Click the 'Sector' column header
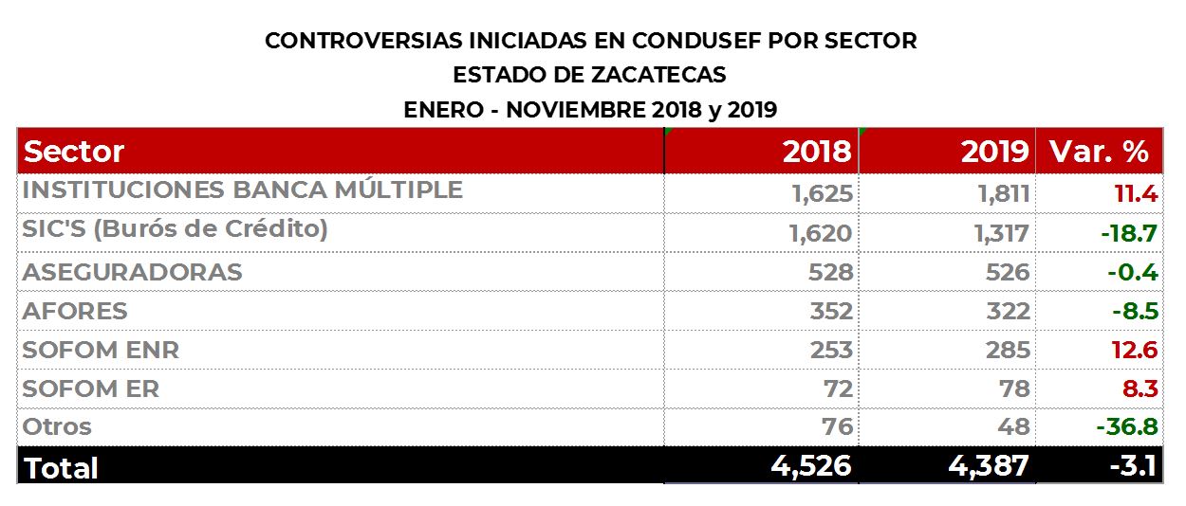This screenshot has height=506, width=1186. point(74,152)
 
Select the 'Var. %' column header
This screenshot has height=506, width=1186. point(1099,152)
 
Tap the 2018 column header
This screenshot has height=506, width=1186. point(816,152)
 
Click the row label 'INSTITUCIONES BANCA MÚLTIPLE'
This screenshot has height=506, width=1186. point(242,190)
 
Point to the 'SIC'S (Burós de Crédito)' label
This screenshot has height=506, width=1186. point(175,230)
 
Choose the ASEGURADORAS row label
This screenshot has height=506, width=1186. point(132,272)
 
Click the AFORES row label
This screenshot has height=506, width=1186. point(75,311)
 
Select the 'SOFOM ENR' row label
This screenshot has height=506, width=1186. point(101,350)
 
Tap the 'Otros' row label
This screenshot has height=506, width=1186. point(57,427)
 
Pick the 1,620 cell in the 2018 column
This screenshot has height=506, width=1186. point(821,233)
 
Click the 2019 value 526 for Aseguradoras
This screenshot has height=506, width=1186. point(1007,273)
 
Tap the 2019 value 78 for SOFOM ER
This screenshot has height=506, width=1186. point(1013,389)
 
